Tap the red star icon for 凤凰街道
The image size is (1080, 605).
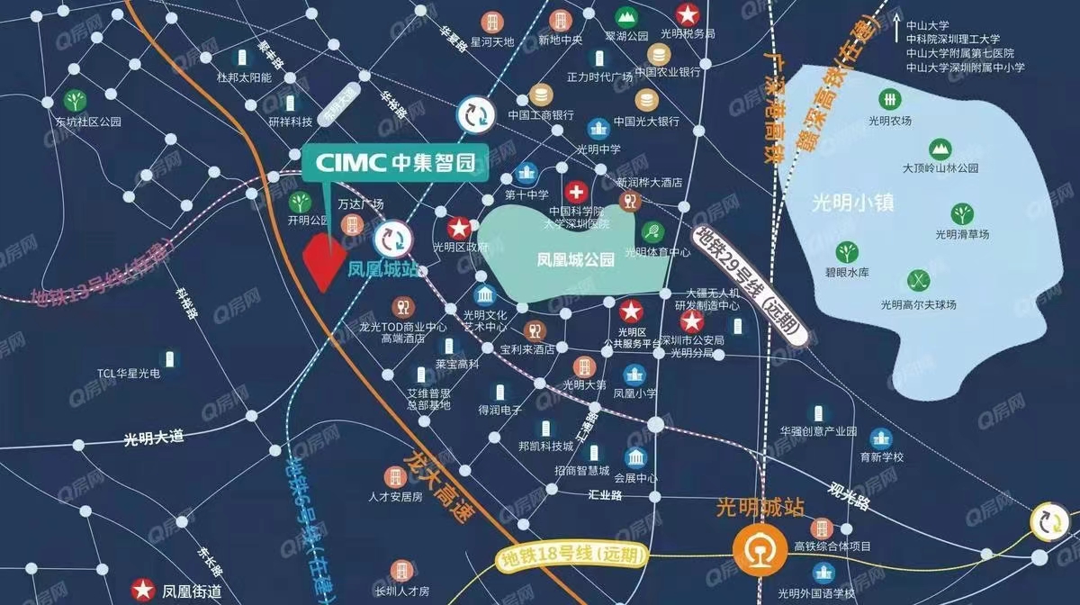point(142,590)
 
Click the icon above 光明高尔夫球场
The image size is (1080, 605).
point(917,277)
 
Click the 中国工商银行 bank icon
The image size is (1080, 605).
point(540,94)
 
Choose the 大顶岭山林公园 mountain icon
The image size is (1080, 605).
point(940,147)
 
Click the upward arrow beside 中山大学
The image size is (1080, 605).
point(896,28)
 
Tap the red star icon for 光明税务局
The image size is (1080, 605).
point(688,14)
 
